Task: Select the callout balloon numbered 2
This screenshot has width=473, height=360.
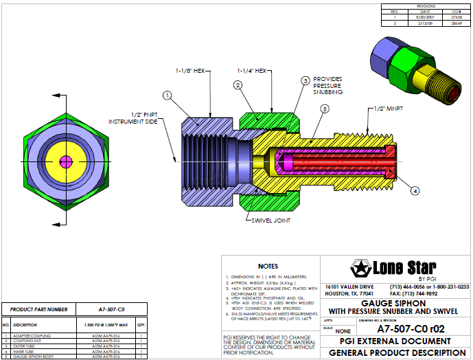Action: (238, 85)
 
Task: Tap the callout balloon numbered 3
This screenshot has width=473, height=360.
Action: (305, 80)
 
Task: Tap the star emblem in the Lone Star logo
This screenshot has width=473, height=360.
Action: (359, 267)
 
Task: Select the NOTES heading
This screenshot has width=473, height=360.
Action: (268, 266)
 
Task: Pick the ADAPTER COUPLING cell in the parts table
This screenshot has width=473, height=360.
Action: (30, 335)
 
